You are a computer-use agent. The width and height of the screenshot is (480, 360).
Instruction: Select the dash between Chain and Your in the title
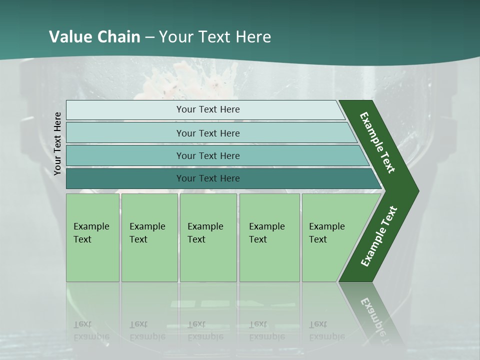[149, 37]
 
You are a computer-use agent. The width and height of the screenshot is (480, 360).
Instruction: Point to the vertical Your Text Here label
[57, 144]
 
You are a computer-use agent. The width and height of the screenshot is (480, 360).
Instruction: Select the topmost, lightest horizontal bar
[207, 109]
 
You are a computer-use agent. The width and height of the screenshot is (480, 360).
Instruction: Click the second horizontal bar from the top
[207, 133]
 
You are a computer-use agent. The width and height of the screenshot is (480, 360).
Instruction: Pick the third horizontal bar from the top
[207, 155]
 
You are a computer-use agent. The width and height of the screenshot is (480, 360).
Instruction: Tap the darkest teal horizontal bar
[207, 178]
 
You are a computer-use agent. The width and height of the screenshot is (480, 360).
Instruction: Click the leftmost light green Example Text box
[92, 237]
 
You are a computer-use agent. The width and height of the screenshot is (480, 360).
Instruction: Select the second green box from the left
[149, 237]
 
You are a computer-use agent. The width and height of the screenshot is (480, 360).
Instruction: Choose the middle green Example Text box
[208, 237]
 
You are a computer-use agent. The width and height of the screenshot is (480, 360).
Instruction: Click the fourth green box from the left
[269, 237]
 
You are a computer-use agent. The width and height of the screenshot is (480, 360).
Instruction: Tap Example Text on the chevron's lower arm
[378, 236]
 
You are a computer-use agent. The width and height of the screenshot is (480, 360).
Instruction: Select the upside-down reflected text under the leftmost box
[91, 330]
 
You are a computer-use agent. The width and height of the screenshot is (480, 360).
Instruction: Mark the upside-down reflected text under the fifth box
[326, 330]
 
